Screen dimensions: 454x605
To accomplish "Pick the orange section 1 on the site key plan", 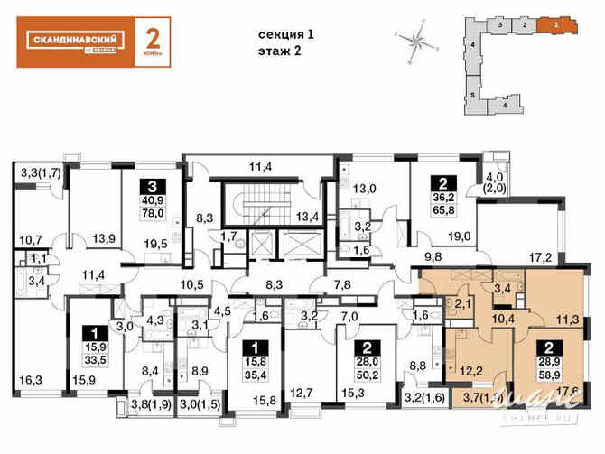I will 557,25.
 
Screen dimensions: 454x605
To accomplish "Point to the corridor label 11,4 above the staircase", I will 262,166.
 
